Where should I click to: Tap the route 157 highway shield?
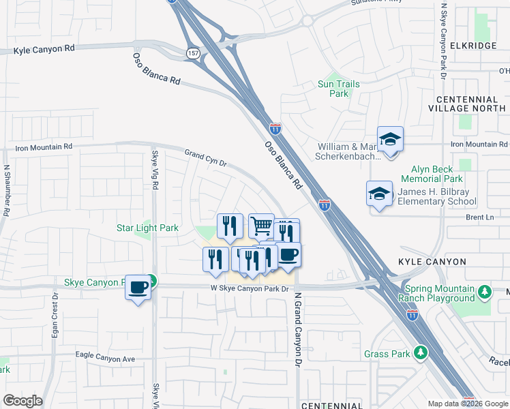tap(194, 52)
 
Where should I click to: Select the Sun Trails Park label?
tap(338, 89)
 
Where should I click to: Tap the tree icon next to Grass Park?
tap(421, 352)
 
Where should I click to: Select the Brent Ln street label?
tap(479, 217)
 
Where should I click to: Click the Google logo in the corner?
tap(22, 401)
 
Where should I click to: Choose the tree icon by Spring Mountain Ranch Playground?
tap(484, 292)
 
